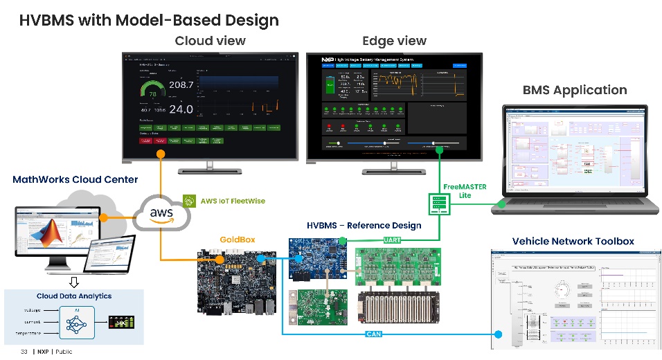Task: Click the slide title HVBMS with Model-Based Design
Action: (x=149, y=19)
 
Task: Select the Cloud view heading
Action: (x=210, y=41)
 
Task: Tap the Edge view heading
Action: (x=394, y=41)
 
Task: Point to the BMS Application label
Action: (x=574, y=90)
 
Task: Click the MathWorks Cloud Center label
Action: (x=75, y=180)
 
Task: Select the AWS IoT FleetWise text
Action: (x=232, y=201)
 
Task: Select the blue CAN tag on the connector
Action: (x=373, y=335)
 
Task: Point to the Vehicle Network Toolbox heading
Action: (x=573, y=241)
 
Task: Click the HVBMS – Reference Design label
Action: (x=364, y=226)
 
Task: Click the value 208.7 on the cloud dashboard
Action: (x=181, y=84)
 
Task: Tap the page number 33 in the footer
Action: (x=24, y=352)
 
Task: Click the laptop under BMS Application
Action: (x=574, y=159)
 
